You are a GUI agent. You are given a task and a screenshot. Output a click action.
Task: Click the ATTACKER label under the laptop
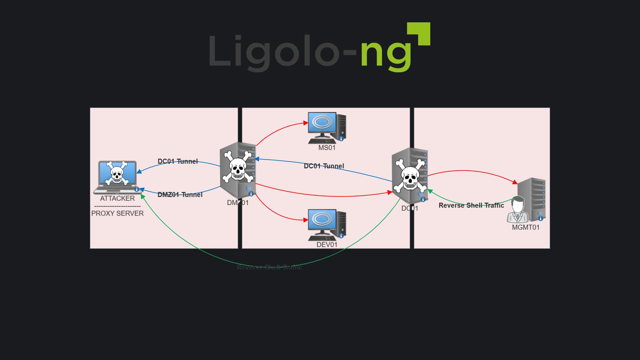point(117,198)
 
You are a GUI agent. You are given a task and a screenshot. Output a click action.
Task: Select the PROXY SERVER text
point(117,213)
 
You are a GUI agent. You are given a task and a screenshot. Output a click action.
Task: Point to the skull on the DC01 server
point(410,176)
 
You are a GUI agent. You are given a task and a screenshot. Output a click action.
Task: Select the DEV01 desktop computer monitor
point(322,220)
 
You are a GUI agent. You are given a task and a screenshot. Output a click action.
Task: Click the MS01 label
point(327,148)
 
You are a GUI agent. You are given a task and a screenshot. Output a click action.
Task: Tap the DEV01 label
point(327,245)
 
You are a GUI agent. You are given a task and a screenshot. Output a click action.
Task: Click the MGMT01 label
point(525,227)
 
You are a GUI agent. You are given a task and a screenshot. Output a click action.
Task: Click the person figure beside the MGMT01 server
point(517,210)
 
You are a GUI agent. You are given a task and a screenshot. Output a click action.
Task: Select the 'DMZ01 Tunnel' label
point(180,195)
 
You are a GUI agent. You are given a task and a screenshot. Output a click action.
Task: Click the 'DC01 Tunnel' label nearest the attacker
point(178,161)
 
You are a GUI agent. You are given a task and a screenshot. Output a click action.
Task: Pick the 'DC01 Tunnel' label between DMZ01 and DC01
point(324,166)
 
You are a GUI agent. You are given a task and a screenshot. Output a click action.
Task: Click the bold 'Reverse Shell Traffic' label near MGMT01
point(471,205)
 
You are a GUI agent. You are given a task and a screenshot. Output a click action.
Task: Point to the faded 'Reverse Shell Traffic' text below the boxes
point(269,267)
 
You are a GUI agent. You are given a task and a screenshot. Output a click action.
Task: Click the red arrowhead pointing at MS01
point(306,123)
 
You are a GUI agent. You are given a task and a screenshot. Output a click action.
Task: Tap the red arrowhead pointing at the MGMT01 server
point(515,182)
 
